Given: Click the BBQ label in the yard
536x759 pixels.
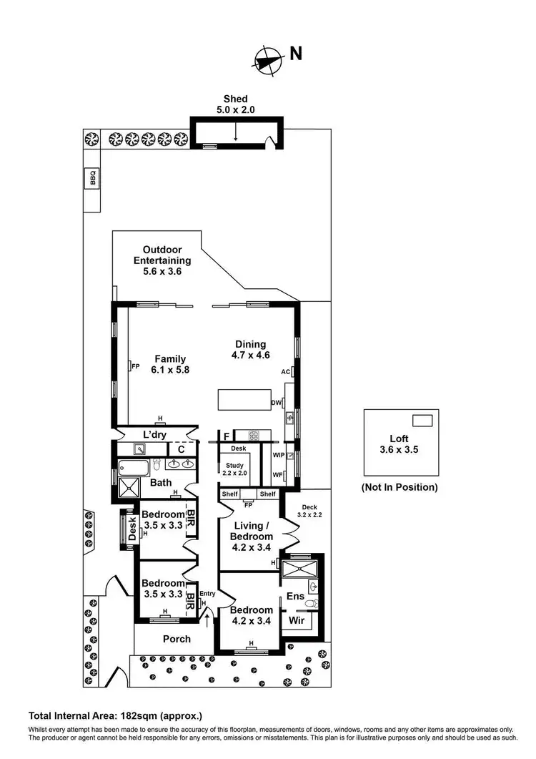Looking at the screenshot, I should click(92, 177).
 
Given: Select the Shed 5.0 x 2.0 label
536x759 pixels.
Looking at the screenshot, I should click(236, 104).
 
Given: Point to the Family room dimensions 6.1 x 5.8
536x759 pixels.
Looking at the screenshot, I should click(169, 370).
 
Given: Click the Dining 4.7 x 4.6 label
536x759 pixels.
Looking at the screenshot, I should click(249, 349).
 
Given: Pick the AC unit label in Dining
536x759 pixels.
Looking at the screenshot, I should click(285, 372).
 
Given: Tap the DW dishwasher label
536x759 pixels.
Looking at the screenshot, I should click(276, 403).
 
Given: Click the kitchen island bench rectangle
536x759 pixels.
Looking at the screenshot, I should click(245, 400).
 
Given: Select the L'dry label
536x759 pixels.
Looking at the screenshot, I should click(155, 435).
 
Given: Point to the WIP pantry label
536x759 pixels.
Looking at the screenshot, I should click(279, 454).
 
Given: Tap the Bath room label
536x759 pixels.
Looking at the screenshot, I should click(161, 483).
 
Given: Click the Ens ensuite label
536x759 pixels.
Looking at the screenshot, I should click(296, 597).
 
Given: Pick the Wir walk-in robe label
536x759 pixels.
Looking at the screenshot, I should click(296, 620).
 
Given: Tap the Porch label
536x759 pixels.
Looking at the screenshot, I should click(177, 639).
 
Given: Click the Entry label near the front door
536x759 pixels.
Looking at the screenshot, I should click(207, 594).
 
